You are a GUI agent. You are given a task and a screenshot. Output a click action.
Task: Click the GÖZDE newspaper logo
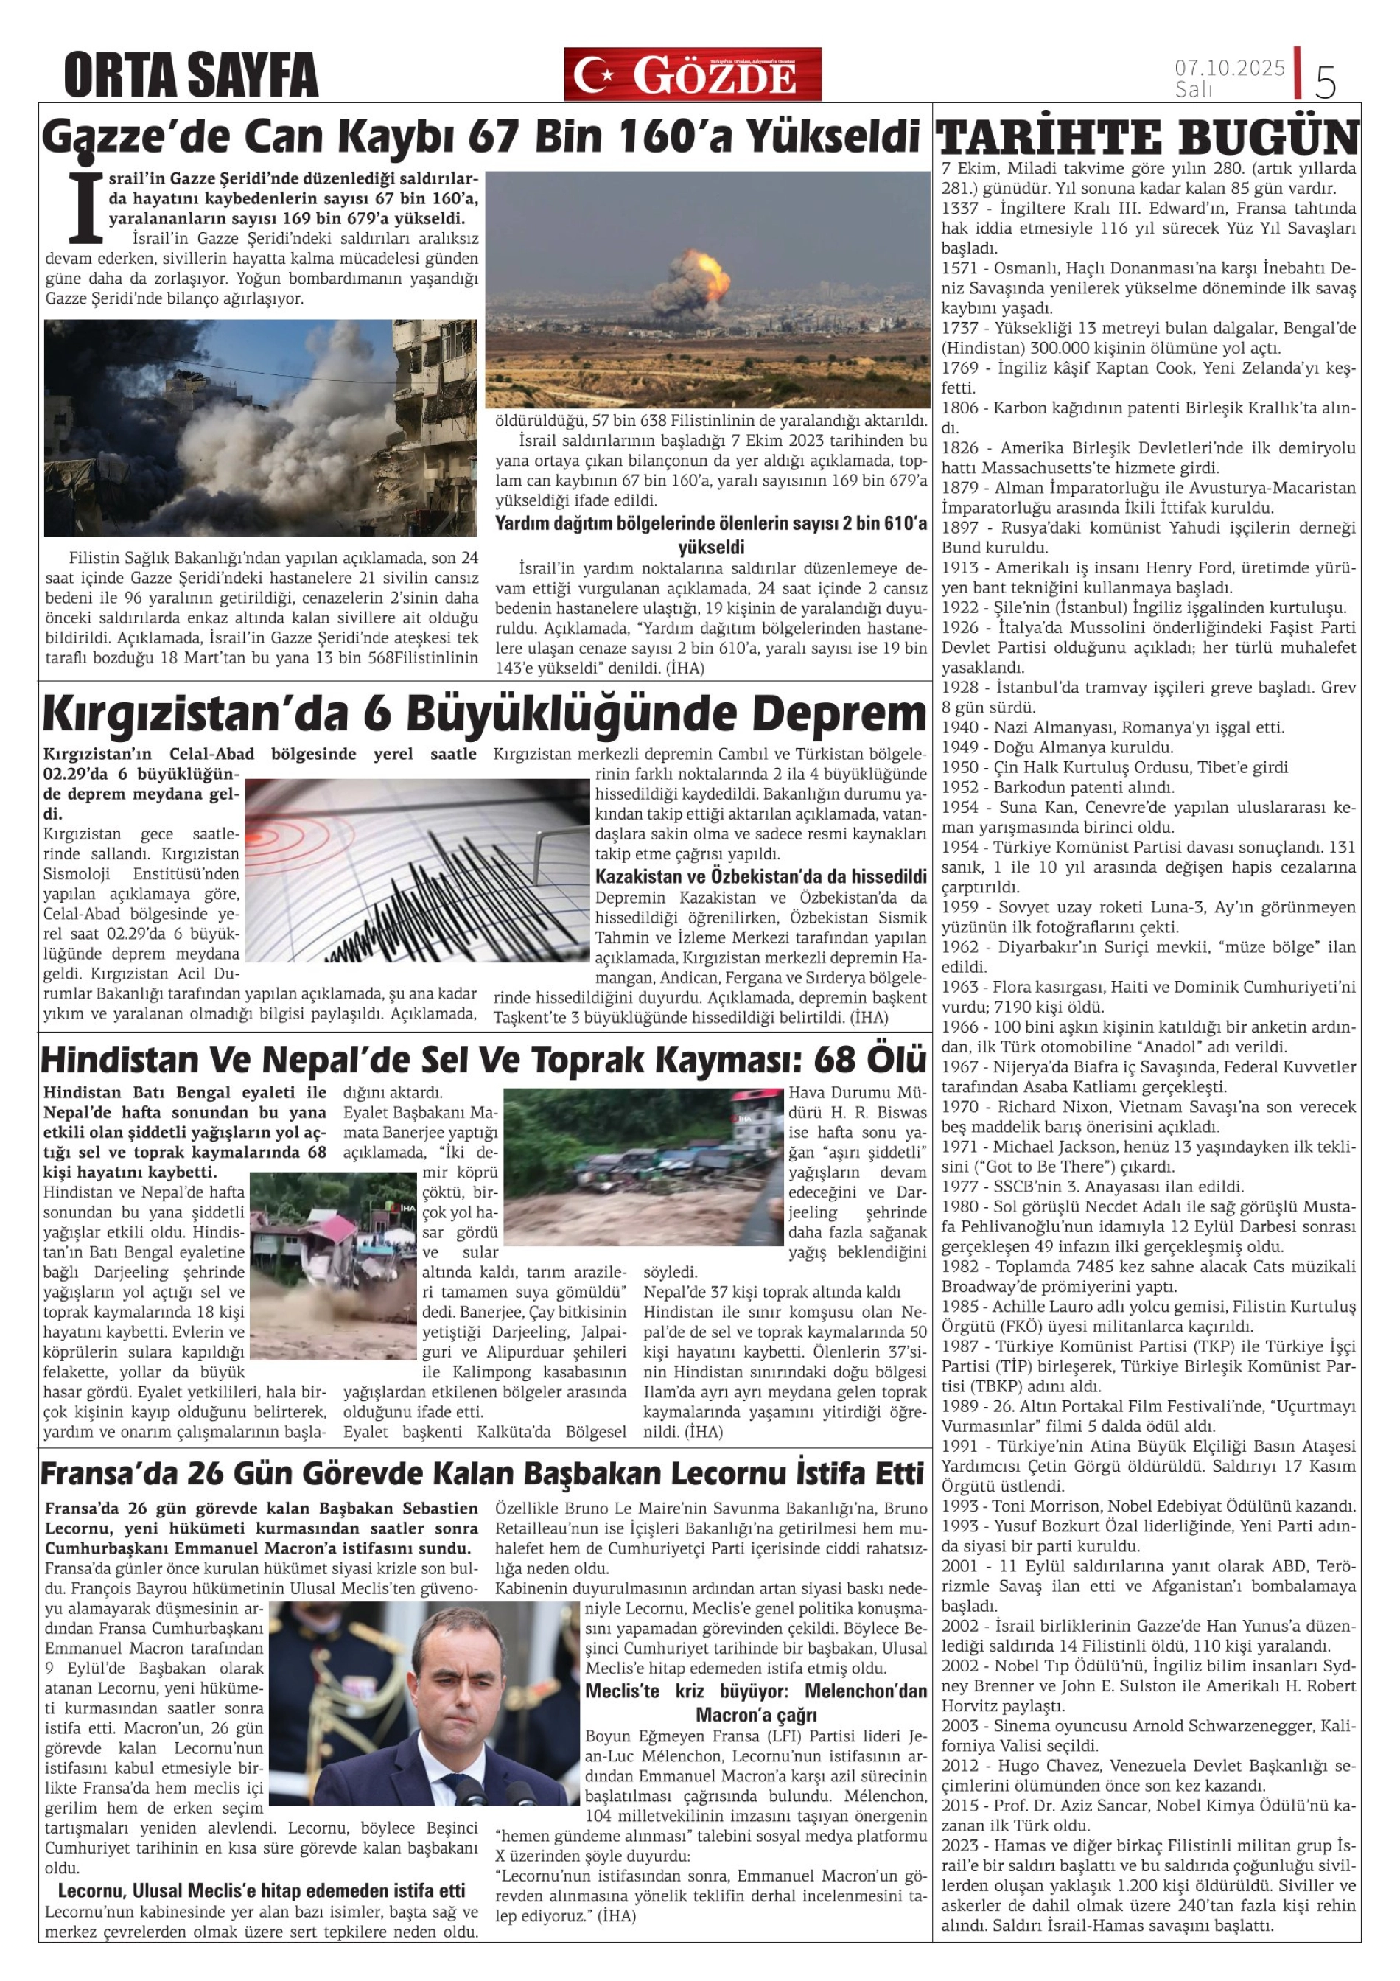(x=693, y=74)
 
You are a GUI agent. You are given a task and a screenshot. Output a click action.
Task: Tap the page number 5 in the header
(x=1325, y=81)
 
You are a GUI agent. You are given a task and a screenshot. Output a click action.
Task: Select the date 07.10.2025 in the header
(x=1229, y=67)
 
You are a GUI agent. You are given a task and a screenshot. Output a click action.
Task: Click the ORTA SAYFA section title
(x=191, y=75)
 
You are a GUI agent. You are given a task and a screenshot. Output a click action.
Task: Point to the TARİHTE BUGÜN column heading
(x=1147, y=138)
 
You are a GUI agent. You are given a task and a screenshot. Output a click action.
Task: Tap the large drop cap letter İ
(x=85, y=208)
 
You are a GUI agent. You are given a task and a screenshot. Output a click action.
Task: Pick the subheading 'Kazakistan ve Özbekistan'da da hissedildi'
(x=761, y=876)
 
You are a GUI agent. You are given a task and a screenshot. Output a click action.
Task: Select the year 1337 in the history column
(x=960, y=209)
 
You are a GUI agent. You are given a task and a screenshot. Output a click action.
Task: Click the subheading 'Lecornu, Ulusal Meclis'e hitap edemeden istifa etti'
(x=262, y=1890)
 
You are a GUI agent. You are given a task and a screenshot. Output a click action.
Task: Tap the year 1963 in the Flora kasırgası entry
(x=960, y=987)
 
